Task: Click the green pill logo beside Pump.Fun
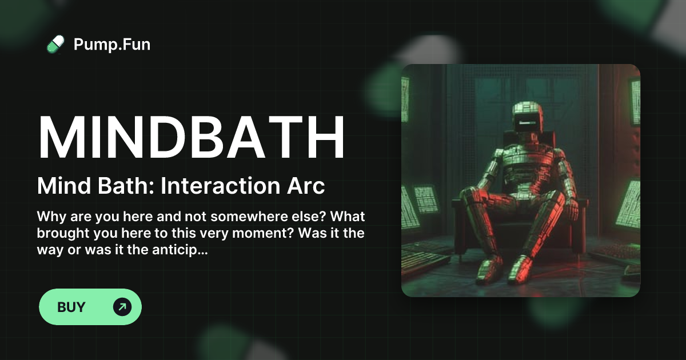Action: tap(55, 44)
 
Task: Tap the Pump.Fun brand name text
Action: tap(112, 44)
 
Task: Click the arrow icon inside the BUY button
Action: tap(122, 307)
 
